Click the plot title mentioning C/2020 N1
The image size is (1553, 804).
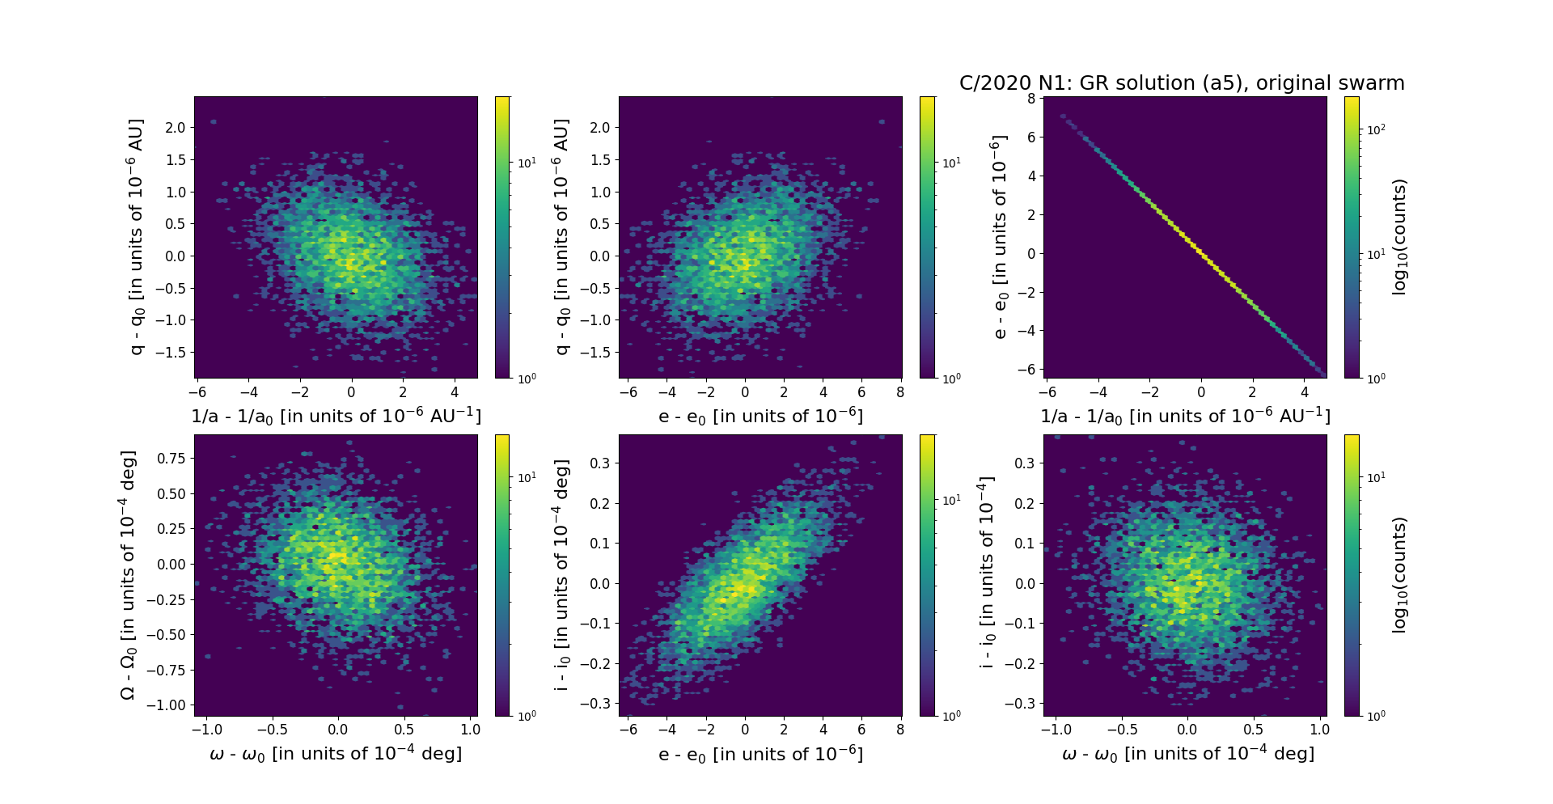coord(1182,83)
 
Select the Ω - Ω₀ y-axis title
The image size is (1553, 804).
coord(129,575)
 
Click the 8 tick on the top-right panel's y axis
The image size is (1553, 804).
coord(1031,98)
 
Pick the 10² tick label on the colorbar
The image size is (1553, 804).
coord(1374,129)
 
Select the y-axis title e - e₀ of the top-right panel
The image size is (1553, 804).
coord(1001,237)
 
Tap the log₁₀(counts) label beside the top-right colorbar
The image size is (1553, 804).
coord(1399,237)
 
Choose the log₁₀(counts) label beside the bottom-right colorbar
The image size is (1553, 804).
coord(1399,575)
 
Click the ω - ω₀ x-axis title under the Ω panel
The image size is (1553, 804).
coord(336,754)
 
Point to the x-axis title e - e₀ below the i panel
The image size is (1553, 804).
coord(760,755)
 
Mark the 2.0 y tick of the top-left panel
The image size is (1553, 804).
coord(176,128)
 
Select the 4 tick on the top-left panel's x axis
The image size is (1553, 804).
coord(455,392)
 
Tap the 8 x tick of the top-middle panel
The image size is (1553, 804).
coord(900,392)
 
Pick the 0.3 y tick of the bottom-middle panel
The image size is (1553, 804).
coord(599,463)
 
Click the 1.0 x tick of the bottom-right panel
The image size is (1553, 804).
coord(1319,730)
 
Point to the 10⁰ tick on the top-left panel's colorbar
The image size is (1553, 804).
coord(527,379)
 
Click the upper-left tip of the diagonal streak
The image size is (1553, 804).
coord(1063,116)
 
